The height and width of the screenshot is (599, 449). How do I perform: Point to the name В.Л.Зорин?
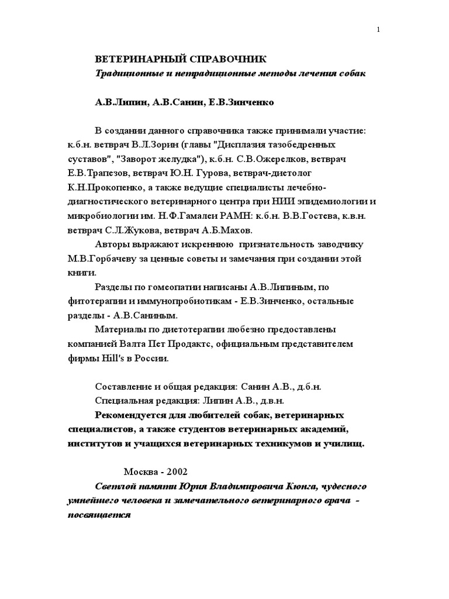tap(159, 144)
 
